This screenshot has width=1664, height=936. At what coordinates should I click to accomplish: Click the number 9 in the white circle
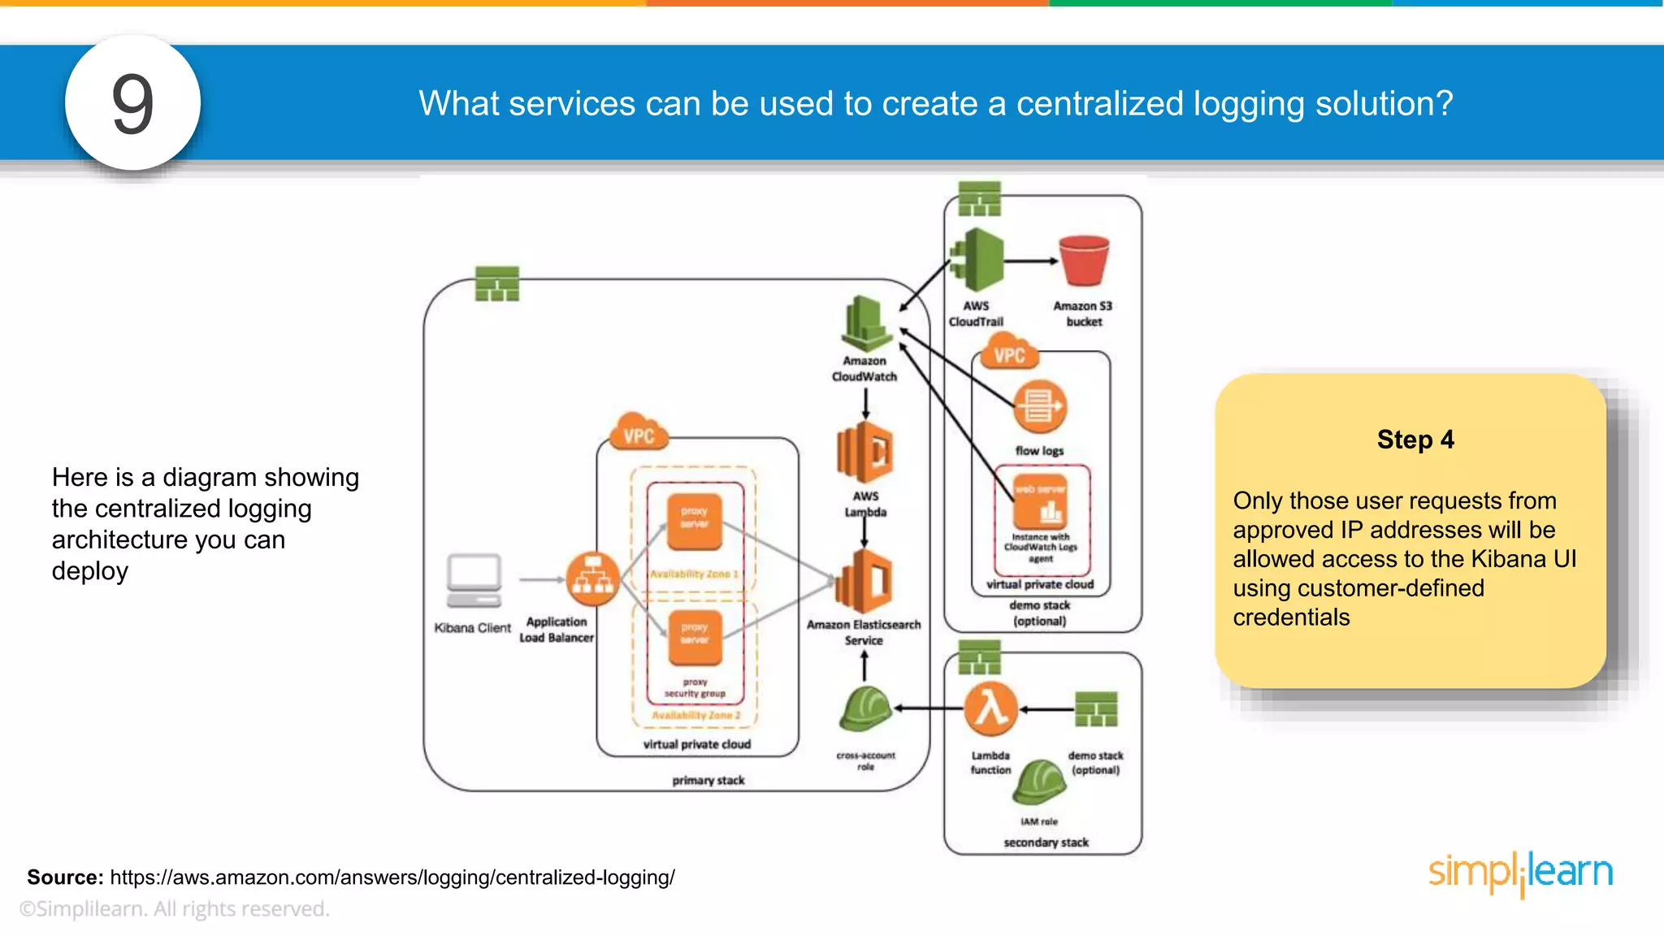point(132,104)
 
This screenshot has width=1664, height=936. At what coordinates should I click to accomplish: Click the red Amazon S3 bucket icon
point(1084,261)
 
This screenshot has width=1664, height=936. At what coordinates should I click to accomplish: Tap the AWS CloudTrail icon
point(977,260)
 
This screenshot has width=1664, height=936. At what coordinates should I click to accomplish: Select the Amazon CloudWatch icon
point(865,323)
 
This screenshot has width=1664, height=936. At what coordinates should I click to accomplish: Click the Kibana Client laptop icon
point(474,580)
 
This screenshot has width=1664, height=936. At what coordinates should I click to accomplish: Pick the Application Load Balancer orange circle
point(592,579)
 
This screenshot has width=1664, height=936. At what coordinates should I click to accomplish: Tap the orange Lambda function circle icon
point(990,709)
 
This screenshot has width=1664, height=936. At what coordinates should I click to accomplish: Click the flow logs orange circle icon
point(1039,407)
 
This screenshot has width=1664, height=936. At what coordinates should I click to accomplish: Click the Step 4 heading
point(1415,440)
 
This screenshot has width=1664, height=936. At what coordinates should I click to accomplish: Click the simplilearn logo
point(1520,873)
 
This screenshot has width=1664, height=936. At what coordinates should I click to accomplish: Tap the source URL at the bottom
point(392,877)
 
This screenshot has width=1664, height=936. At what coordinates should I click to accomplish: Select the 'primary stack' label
point(708,780)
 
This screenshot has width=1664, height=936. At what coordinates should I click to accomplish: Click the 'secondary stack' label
point(1046,843)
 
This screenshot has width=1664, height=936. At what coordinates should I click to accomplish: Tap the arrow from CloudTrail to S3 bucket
point(1030,262)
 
